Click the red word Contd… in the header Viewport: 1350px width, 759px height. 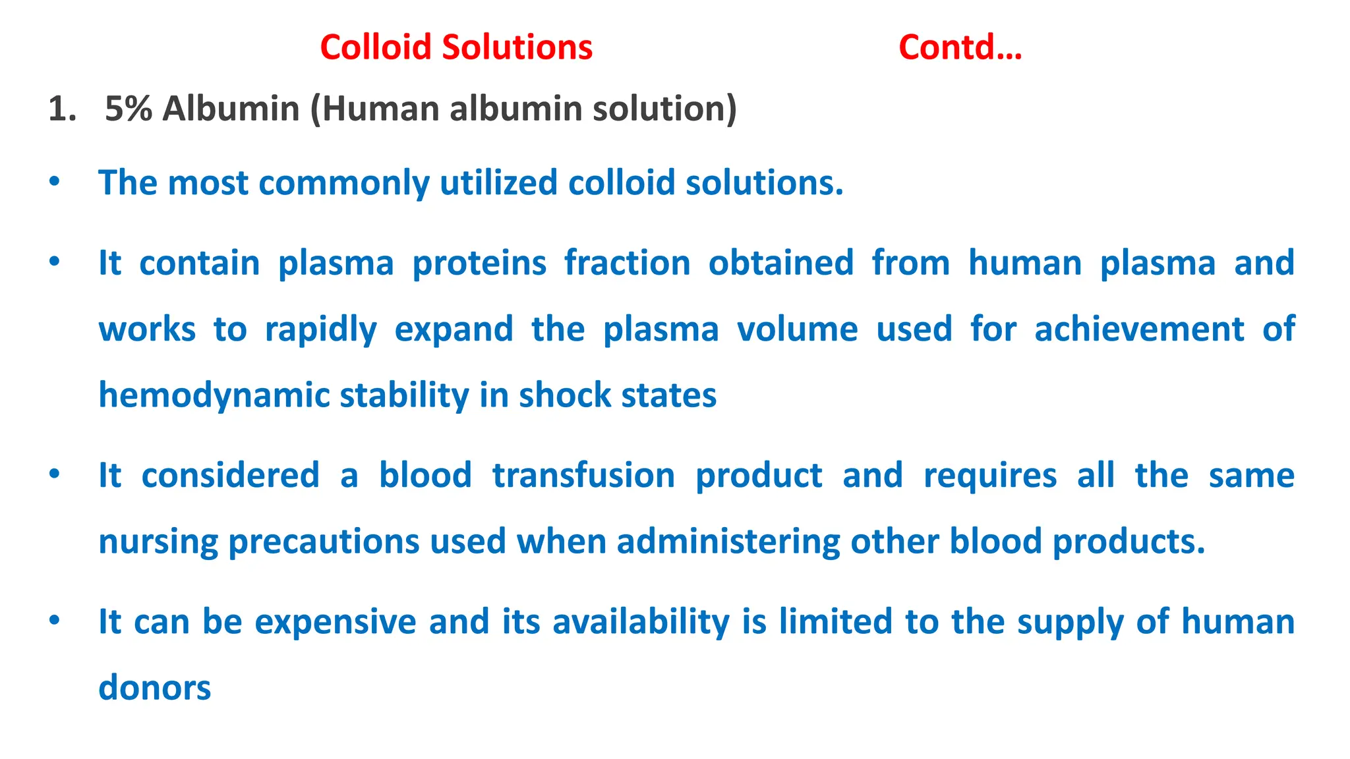(x=960, y=47)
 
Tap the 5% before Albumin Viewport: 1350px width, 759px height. (x=129, y=109)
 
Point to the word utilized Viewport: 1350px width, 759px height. (x=498, y=183)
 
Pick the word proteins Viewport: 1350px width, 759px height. (x=479, y=263)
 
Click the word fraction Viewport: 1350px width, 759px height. (x=627, y=263)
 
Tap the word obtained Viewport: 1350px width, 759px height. (x=780, y=263)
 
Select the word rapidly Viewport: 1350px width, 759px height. (x=321, y=329)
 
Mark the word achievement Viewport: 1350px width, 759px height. (x=1139, y=329)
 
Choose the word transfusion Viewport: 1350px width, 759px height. (x=583, y=475)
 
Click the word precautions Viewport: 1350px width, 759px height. (x=324, y=542)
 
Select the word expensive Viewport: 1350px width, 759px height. (x=336, y=622)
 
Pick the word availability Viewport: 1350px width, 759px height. (x=641, y=622)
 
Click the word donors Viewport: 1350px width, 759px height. (x=154, y=688)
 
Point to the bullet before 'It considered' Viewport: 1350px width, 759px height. (x=55, y=474)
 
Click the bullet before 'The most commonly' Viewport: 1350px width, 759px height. (x=55, y=181)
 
